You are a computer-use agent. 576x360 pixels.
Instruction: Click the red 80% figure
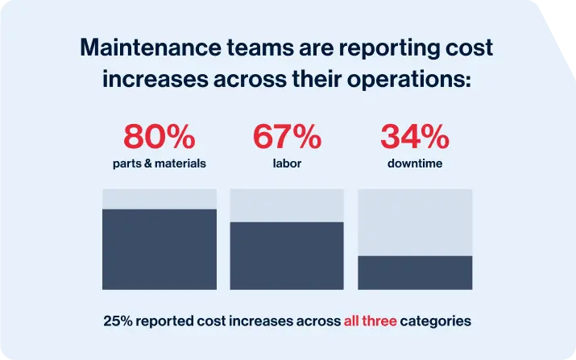pos(160,138)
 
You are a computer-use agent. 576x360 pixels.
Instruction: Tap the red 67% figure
pos(287,138)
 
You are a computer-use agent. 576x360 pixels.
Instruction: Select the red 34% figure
pos(415,138)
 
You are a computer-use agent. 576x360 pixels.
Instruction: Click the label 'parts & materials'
pos(160,163)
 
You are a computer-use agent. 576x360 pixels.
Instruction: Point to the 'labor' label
pos(287,163)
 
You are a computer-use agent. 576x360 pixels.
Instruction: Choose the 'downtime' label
pos(415,163)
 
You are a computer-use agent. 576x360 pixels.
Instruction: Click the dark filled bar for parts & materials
pos(160,249)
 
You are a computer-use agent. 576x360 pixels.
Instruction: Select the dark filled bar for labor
pos(287,255)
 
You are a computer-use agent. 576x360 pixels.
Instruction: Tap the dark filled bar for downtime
pos(415,272)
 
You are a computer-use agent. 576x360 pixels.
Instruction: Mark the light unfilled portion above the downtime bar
pos(415,222)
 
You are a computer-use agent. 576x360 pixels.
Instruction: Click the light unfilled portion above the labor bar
pos(287,205)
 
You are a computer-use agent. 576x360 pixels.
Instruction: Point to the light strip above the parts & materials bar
pos(160,199)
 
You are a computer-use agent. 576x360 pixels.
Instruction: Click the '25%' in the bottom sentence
pos(118,321)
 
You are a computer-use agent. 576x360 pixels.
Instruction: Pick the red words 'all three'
pos(370,321)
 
